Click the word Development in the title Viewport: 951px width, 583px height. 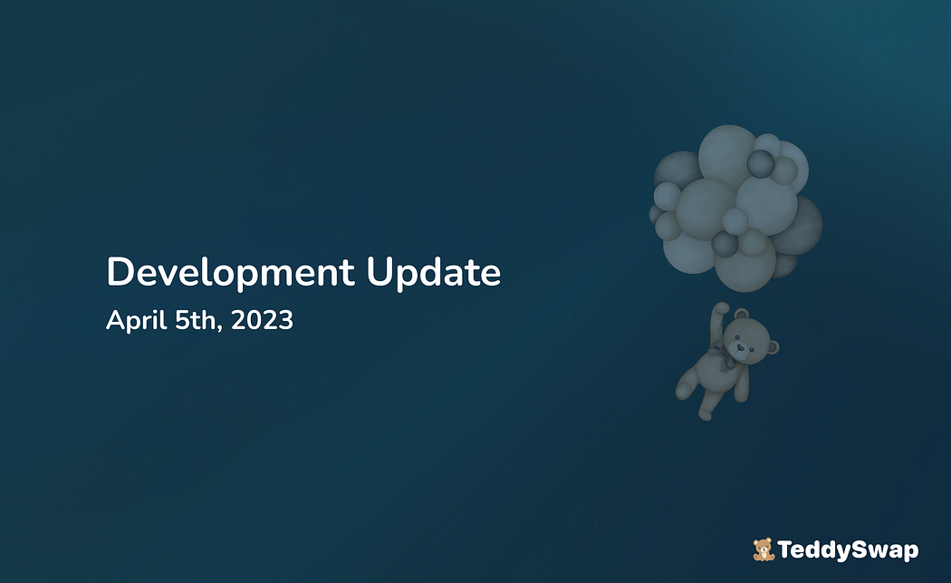[230, 273]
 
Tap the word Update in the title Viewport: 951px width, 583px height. [434, 273]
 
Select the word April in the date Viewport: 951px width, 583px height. [137, 321]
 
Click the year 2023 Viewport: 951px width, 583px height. [262, 320]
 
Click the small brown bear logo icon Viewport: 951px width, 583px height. [764, 549]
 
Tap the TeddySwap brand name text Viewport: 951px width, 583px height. [848, 550]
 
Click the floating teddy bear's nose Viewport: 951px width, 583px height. [739, 348]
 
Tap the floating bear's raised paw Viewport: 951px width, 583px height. [721, 308]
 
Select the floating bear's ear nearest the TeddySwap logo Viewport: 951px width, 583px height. [773, 347]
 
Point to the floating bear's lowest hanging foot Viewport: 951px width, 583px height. [705, 414]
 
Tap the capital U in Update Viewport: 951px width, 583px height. [379, 272]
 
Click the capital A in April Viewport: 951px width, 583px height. [116, 320]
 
